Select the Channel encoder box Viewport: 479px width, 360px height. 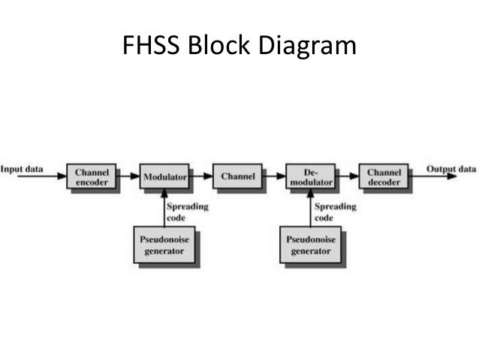(x=92, y=177)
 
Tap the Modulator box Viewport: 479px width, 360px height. (x=164, y=177)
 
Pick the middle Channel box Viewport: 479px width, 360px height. (x=237, y=177)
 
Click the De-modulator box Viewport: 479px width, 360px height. (x=310, y=177)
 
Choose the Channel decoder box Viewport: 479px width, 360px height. (x=383, y=177)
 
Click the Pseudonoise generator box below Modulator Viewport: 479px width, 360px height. (x=164, y=244)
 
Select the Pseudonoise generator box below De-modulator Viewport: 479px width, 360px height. (x=310, y=244)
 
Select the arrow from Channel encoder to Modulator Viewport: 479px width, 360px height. (x=128, y=177)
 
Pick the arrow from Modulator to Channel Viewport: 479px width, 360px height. (x=200, y=177)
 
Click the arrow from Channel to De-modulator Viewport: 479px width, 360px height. (x=273, y=177)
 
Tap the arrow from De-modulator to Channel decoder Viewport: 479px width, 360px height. (x=346, y=177)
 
